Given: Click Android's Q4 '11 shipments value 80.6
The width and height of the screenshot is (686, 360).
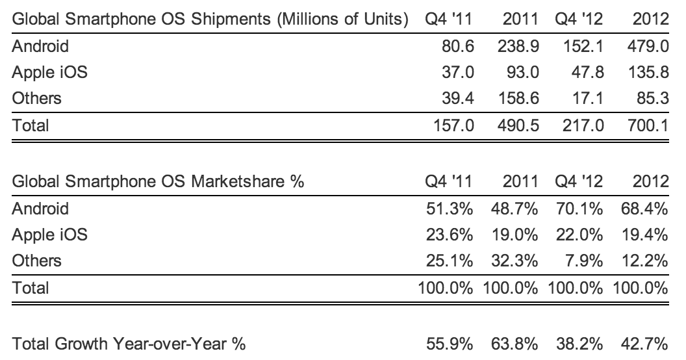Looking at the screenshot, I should coord(458,46).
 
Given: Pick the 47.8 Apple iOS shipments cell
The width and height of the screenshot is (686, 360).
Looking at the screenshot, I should coord(587,72).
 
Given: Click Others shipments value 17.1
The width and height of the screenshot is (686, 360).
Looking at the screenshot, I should coord(587,98).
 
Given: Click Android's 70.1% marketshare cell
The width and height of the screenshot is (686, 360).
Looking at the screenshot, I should coord(580,209).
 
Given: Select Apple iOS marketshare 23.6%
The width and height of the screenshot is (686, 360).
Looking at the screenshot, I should coord(452,235).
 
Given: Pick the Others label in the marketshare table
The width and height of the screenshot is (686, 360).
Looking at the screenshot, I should coord(37,261).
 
